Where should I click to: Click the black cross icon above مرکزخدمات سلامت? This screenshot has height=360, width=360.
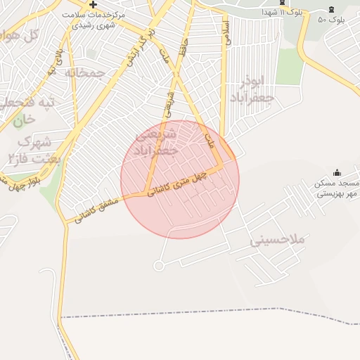point(93,4)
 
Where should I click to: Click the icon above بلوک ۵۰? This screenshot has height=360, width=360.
point(332,9)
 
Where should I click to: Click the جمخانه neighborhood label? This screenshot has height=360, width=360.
point(85,72)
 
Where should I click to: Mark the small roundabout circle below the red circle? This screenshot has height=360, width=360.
point(158,266)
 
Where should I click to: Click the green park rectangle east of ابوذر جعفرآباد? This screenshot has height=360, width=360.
point(289,67)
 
